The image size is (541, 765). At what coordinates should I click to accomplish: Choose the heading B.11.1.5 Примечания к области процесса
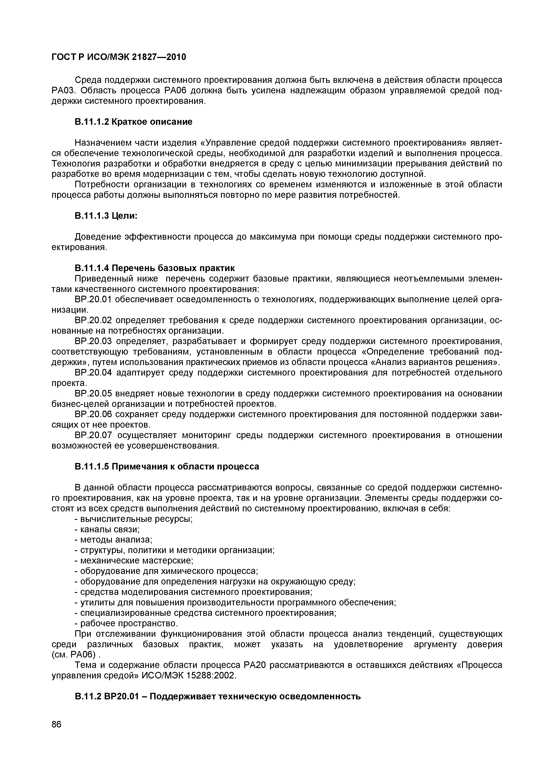tap(167, 466)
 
